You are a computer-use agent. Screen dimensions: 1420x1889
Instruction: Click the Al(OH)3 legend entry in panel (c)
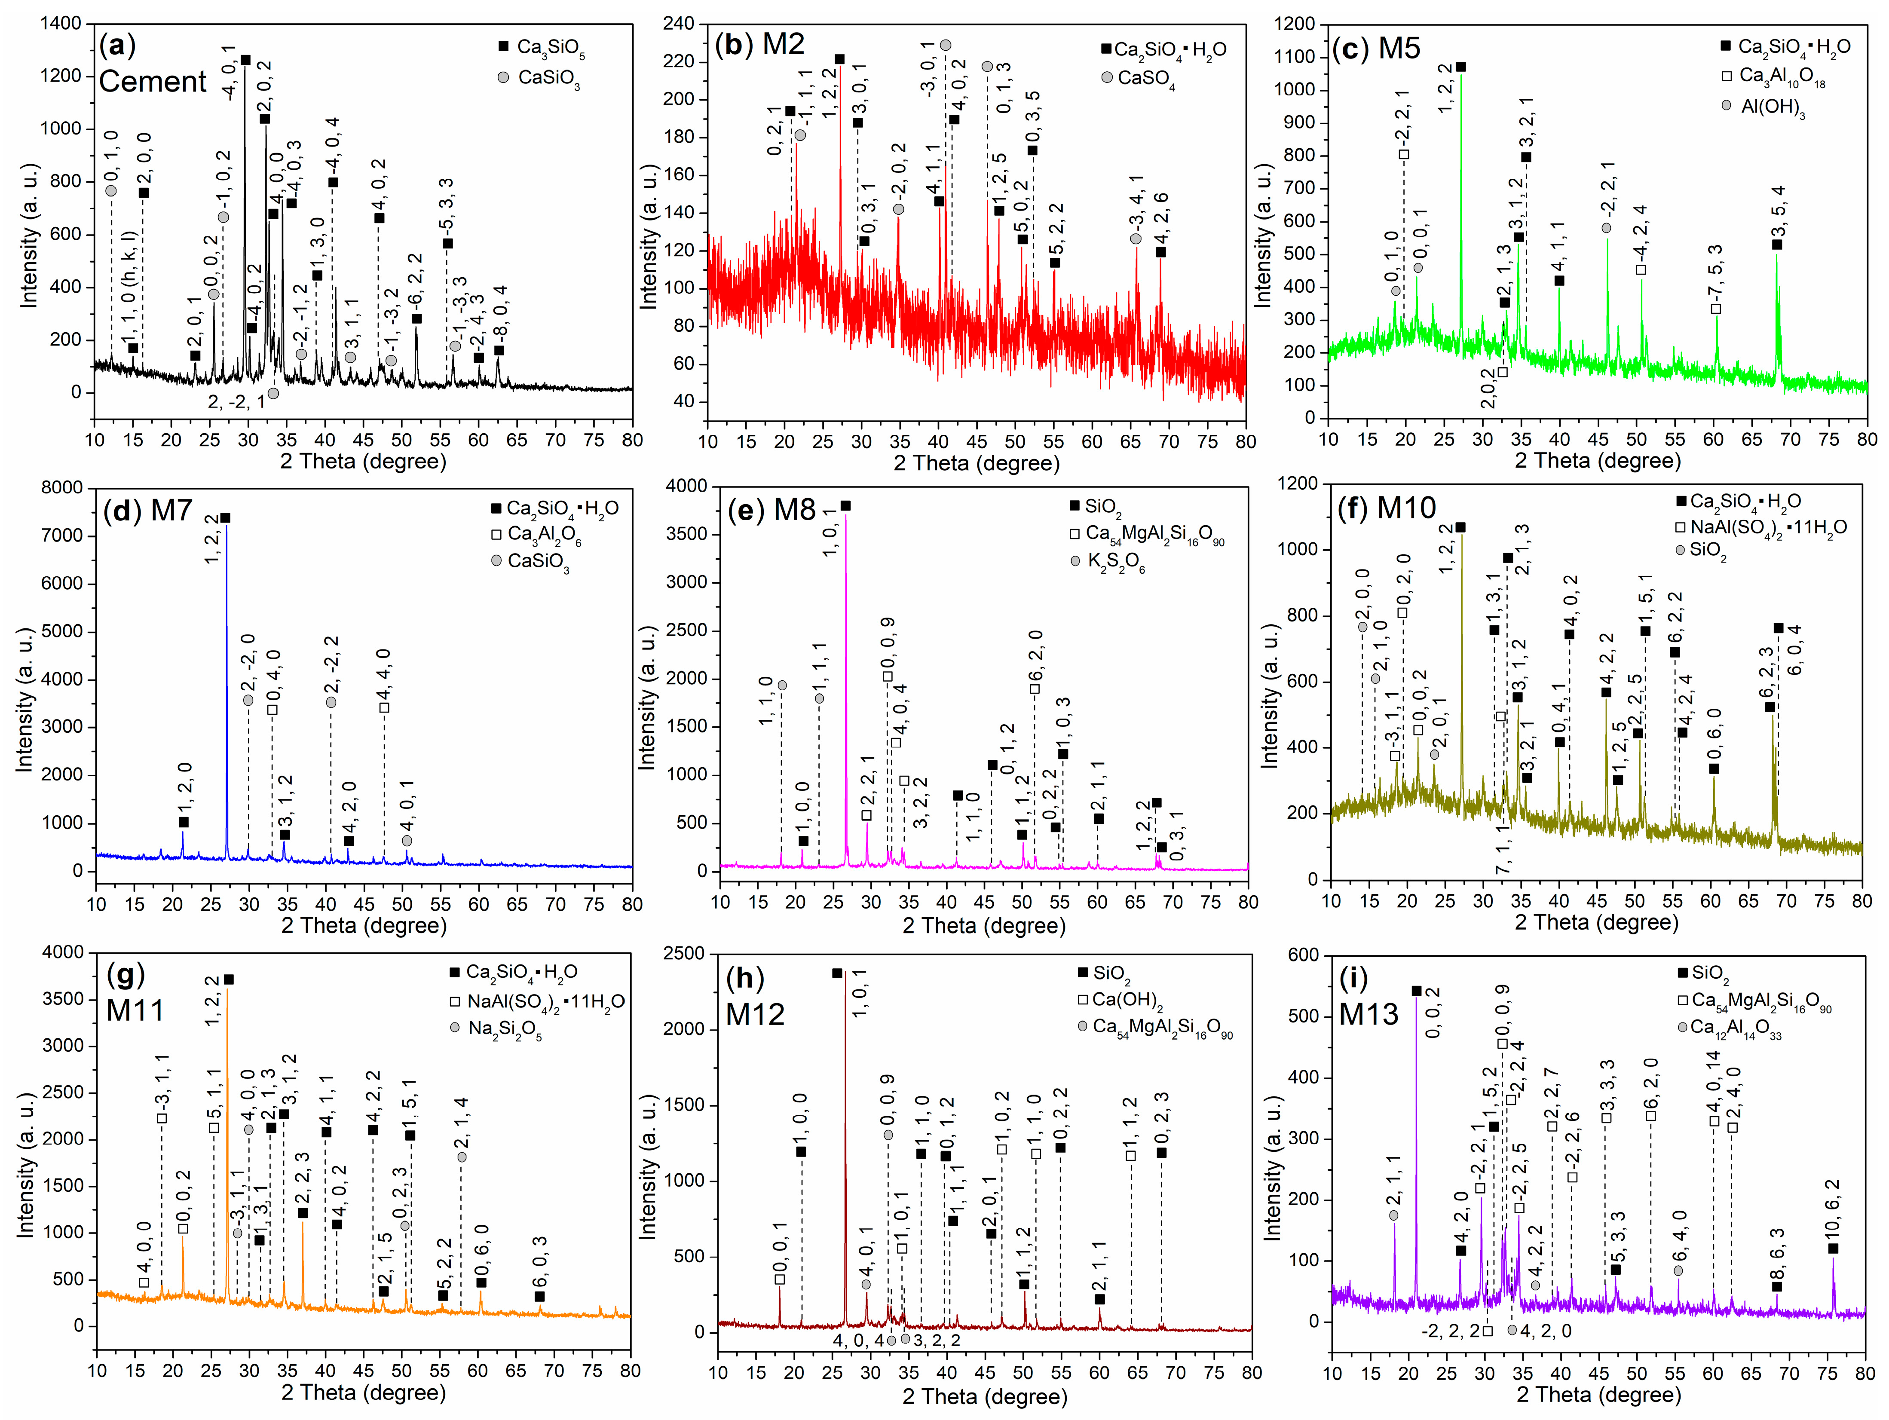pyautogui.click(x=1772, y=107)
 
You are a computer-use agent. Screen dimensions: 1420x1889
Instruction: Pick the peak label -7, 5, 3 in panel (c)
pyautogui.click(x=1715, y=272)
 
